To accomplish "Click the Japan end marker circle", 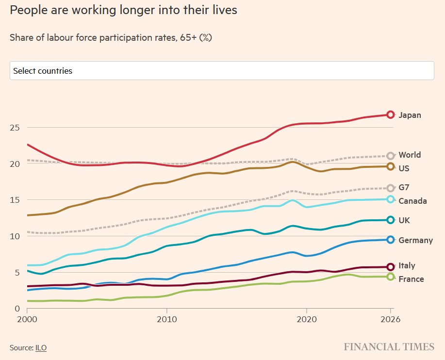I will tap(391, 115).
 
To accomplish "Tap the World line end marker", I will tap(391, 156).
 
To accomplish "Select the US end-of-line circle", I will tap(391, 167).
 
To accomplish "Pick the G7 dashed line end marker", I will tap(391, 188).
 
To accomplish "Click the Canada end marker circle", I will tap(391, 199).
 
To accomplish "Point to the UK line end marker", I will tap(391, 220).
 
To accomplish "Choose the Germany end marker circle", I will tap(391, 240).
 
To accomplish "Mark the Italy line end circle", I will tap(391, 267).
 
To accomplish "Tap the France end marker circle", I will tap(391, 277).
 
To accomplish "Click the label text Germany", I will tap(415, 240).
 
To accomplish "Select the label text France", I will tap(411, 279).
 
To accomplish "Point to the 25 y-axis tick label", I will tap(15, 128).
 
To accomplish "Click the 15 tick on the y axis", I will tap(15, 200).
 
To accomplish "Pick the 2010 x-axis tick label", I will tap(167, 320).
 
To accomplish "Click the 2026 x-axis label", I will tap(391, 320).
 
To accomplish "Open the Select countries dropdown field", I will tap(222, 71).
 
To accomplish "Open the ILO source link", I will tap(41, 347).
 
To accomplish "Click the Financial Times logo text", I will tap(389, 347).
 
